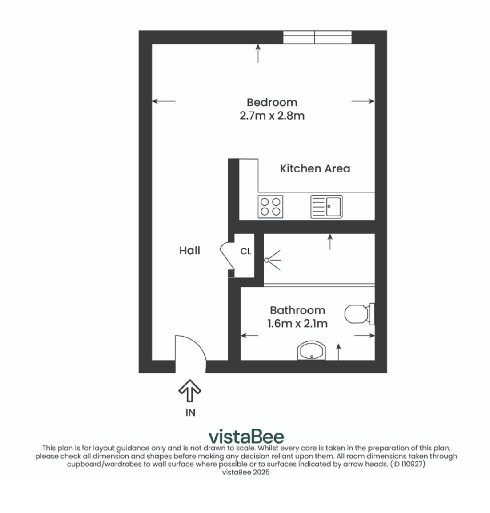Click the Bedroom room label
tap(272, 102)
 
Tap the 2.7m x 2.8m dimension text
tap(272, 116)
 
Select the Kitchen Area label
tap(315, 168)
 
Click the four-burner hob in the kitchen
tap(270, 207)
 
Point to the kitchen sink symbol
tap(326, 207)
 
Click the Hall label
tap(189, 251)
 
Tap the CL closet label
tap(245, 251)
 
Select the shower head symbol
tap(272, 260)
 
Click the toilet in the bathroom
tap(359, 314)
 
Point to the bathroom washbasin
tap(311, 350)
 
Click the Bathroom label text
tap(297, 310)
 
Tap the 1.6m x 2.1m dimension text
tap(297, 323)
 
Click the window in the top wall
tap(317, 37)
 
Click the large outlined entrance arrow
tap(189, 390)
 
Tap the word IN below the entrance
tap(190, 413)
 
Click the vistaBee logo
tap(246, 437)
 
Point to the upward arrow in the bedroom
tap(258, 54)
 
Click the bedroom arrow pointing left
tap(164, 101)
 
